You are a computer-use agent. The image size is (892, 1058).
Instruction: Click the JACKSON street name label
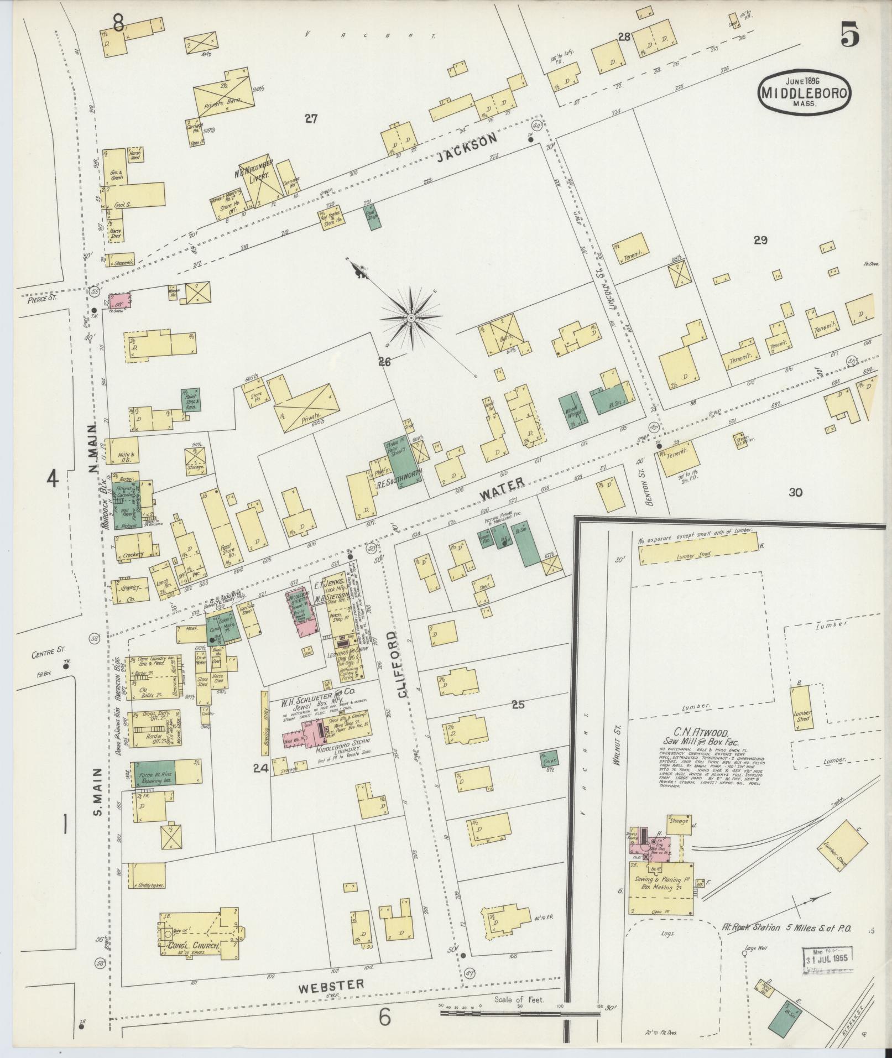(x=466, y=149)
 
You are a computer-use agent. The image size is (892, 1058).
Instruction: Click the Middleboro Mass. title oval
(x=805, y=94)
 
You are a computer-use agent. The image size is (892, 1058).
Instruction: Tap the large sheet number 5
(x=851, y=37)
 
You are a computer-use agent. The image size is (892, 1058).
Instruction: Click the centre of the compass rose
(x=411, y=319)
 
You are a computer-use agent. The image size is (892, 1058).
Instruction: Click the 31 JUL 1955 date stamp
(x=828, y=956)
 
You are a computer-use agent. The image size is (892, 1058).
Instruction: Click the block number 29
(x=760, y=240)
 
